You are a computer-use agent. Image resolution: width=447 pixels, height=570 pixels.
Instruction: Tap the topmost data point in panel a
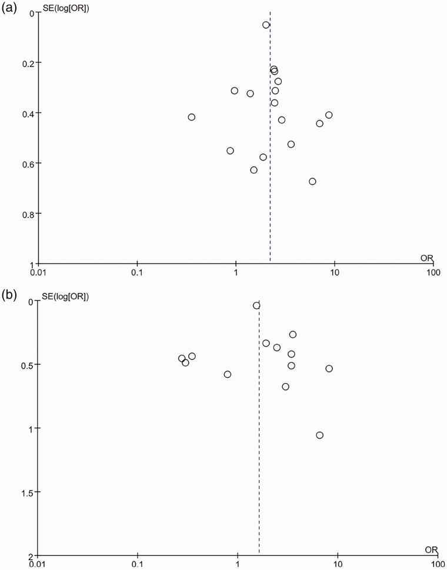(266, 25)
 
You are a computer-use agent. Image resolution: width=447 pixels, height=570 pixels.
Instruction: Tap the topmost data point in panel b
(256, 306)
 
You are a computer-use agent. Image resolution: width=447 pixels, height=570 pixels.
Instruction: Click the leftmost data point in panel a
(191, 117)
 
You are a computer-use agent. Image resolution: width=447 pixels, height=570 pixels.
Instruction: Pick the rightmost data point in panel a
(329, 115)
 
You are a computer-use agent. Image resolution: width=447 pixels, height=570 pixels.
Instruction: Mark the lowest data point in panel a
(312, 181)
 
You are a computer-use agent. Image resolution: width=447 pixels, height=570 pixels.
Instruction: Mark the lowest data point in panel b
(319, 435)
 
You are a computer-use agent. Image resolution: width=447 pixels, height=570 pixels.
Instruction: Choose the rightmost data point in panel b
(329, 368)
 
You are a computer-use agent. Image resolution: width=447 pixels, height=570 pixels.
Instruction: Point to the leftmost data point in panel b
(182, 358)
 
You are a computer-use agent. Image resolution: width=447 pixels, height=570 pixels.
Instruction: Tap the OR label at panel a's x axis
(426, 258)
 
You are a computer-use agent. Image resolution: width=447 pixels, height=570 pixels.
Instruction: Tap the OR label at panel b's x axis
(431, 549)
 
